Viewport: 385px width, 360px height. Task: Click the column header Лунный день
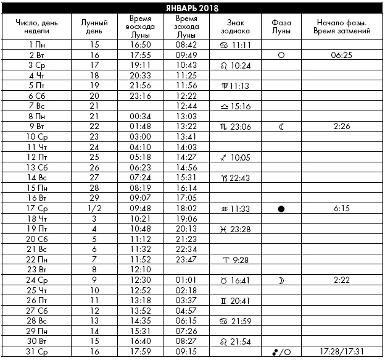point(94,26)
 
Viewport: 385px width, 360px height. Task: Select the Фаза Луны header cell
point(281,26)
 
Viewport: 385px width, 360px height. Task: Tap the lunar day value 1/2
point(94,208)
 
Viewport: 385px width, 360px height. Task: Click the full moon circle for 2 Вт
point(281,55)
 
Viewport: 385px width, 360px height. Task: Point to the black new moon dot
point(281,209)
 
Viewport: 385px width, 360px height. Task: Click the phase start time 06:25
point(341,55)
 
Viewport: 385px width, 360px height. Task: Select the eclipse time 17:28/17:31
point(341,352)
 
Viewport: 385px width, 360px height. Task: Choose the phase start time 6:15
point(341,208)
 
